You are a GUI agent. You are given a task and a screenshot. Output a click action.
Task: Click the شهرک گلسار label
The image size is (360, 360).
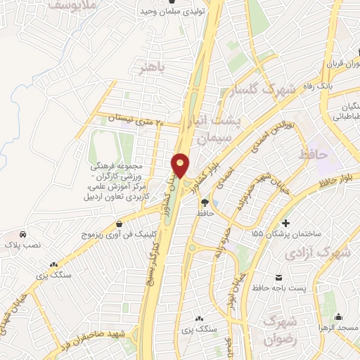point(266,90)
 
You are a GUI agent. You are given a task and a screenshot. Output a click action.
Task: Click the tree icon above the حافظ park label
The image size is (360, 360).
point(205,201)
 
